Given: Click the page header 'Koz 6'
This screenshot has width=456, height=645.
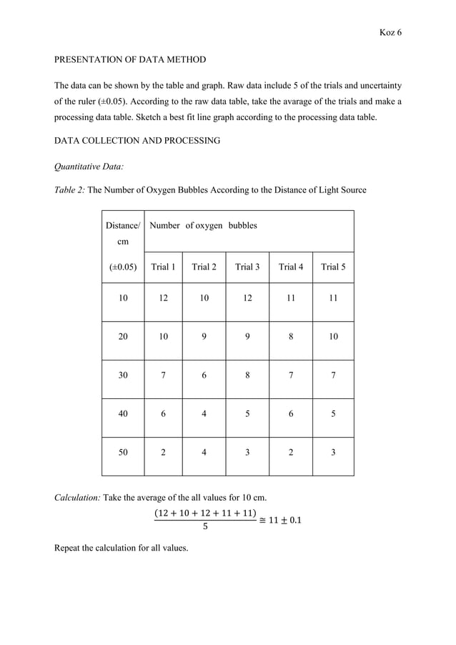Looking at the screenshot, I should click(x=390, y=33).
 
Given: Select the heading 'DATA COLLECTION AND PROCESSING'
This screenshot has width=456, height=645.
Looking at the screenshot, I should click(x=137, y=141).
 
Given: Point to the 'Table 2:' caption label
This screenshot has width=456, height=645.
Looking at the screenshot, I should click(x=69, y=189).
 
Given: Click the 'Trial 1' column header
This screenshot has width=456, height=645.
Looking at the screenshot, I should click(x=163, y=267).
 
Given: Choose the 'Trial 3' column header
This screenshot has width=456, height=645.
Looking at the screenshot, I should click(x=247, y=267).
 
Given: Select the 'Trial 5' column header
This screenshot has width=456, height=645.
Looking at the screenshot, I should click(x=332, y=267).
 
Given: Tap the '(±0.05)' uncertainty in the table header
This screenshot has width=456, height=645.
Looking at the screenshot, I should click(x=123, y=267).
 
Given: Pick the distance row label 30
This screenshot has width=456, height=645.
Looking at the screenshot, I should click(x=123, y=374).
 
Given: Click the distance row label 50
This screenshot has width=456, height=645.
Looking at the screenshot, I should click(x=123, y=451).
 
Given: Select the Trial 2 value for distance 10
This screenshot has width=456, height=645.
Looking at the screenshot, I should click(x=204, y=297).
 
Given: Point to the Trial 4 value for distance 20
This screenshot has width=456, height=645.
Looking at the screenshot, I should click(x=290, y=336).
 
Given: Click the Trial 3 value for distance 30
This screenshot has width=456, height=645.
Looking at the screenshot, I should click(x=247, y=374).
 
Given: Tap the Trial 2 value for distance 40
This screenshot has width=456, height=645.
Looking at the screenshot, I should click(x=204, y=413).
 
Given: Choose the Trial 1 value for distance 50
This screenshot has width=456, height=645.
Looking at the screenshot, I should click(x=163, y=451).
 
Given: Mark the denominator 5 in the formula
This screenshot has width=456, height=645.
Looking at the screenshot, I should click(x=205, y=527).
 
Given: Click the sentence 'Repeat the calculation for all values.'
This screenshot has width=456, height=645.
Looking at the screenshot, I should click(x=121, y=548).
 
